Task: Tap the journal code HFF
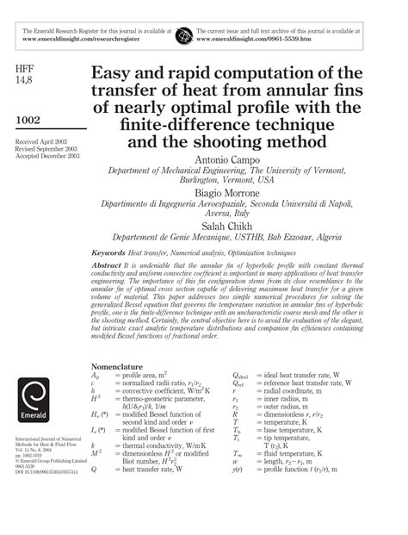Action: [x=27, y=66]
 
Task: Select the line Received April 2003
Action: [x=42, y=140]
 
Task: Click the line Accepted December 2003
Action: [x=47, y=155]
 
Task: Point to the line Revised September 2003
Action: [x=48, y=147]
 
